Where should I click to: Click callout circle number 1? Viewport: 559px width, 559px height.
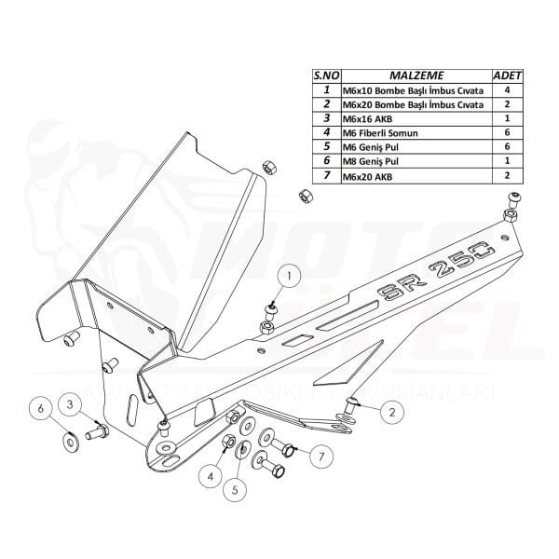290,276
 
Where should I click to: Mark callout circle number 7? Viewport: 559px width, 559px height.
320,456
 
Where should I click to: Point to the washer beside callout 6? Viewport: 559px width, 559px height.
71,439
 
